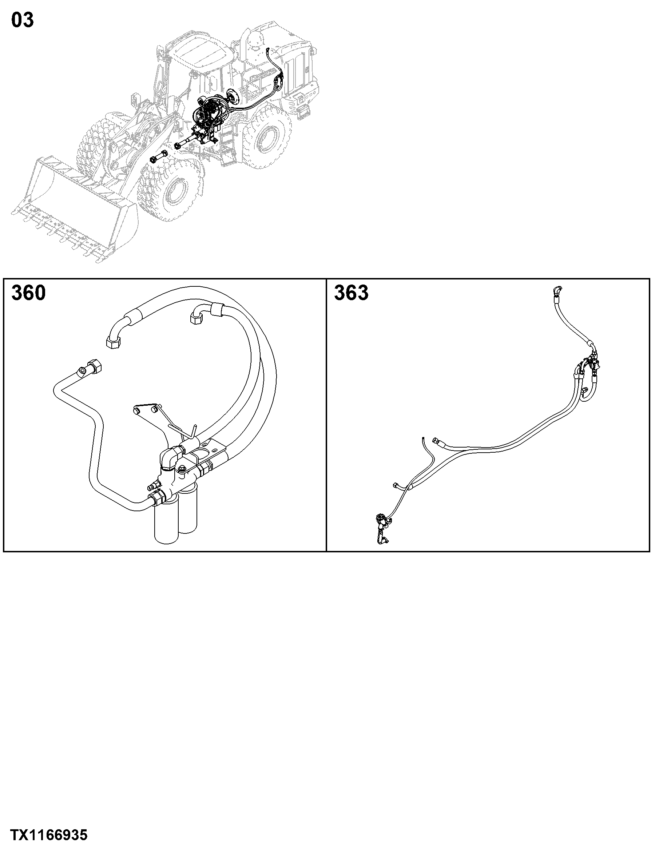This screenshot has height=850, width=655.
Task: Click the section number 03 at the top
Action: [22, 20]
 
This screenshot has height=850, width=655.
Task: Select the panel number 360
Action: [28, 293]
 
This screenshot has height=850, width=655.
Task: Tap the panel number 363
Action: [351, 293]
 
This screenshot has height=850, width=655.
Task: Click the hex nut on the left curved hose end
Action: [113, 342]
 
